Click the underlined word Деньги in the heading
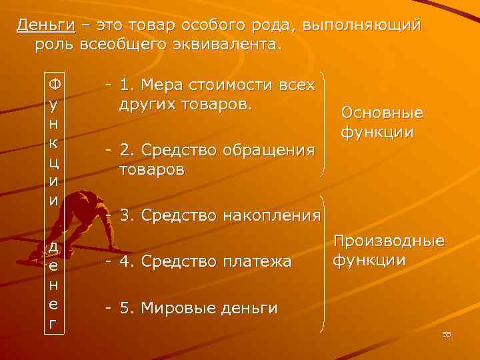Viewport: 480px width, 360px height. click(45, 26)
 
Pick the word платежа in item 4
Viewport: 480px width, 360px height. click(255, 262)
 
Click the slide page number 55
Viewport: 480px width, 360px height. click(447, 334)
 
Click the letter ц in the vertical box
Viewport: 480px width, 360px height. click(54, 163)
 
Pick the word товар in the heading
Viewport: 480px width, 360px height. click(159, 26)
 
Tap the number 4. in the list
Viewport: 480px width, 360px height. click(127, 262)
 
